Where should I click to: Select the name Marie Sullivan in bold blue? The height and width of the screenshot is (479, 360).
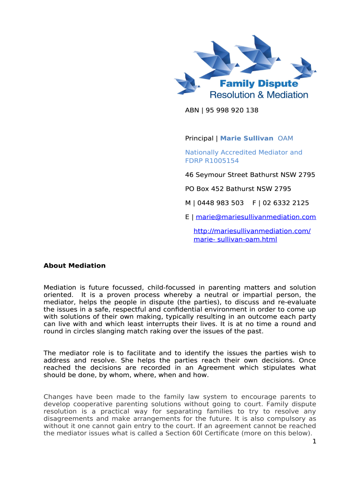pos(246,138)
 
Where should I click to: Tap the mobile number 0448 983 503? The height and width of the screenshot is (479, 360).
pos(220,203)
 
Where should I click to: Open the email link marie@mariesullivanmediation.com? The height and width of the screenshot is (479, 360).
pos(256,217)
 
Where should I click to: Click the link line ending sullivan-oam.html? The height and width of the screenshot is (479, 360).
pos(235,239)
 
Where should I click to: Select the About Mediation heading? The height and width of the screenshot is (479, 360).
pos(74,266)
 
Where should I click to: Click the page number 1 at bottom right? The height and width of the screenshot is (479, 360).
pos(315,442)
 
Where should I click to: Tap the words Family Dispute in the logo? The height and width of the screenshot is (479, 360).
pos(259,84)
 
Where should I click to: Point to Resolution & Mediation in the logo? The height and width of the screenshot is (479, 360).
pos(259,95)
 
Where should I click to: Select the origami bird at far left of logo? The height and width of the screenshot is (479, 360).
pos(187,84)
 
